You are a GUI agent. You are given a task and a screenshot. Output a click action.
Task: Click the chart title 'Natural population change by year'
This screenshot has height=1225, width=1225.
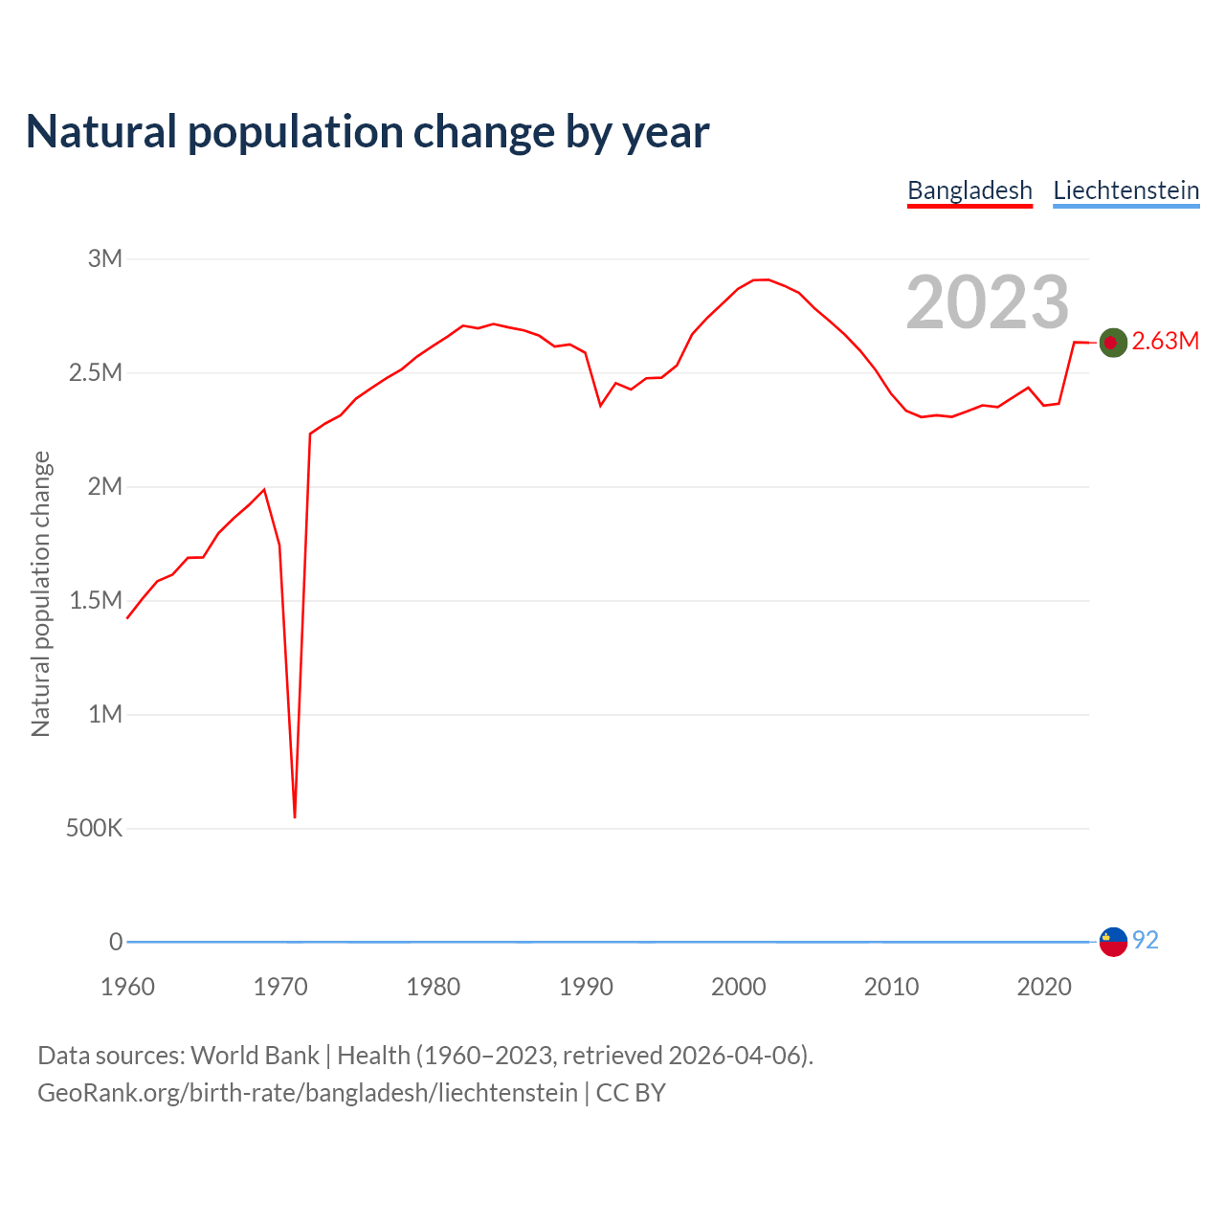click(367, 132)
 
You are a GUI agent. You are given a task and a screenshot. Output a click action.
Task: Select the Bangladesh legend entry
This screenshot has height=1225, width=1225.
click(969, 190)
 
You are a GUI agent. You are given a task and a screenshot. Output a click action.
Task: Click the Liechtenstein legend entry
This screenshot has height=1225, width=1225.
click(1125, 190)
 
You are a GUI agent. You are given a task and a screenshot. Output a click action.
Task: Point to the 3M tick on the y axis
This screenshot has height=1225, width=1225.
click(105, 258)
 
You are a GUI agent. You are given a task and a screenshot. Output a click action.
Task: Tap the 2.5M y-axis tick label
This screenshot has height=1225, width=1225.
click(96, 372)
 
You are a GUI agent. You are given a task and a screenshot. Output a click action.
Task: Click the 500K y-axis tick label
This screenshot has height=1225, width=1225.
click(94, 828)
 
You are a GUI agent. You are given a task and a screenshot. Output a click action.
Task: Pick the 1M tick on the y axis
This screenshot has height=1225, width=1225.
click(105, 714)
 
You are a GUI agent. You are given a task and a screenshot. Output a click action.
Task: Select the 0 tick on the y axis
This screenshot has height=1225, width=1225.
click(116, 942)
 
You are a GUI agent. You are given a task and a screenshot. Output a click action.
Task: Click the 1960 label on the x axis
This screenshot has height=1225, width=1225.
click(127, 987)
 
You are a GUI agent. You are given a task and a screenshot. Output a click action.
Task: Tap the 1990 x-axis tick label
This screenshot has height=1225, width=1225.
click(586, 987)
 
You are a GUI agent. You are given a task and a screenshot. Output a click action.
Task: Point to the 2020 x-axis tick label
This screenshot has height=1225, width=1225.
click(1044, 987)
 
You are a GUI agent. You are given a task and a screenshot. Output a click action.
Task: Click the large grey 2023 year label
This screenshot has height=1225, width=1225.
click(987, 302)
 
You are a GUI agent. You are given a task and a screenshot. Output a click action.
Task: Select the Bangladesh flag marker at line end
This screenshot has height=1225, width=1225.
click(1112, 342)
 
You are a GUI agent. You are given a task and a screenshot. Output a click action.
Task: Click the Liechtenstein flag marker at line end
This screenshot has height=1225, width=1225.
click(1112, 942)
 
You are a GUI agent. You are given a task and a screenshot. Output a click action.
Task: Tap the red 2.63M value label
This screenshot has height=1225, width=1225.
click(1165, 342)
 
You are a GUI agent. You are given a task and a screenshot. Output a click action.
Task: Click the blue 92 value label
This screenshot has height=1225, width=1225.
click(1146, 941)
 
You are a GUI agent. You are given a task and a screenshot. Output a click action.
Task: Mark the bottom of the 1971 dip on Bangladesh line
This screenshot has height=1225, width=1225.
click(295, 816)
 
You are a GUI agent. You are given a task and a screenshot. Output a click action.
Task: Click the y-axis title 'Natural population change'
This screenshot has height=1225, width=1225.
click(41, 594)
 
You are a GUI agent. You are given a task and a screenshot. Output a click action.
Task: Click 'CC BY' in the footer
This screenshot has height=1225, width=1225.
click(631, 1093)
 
